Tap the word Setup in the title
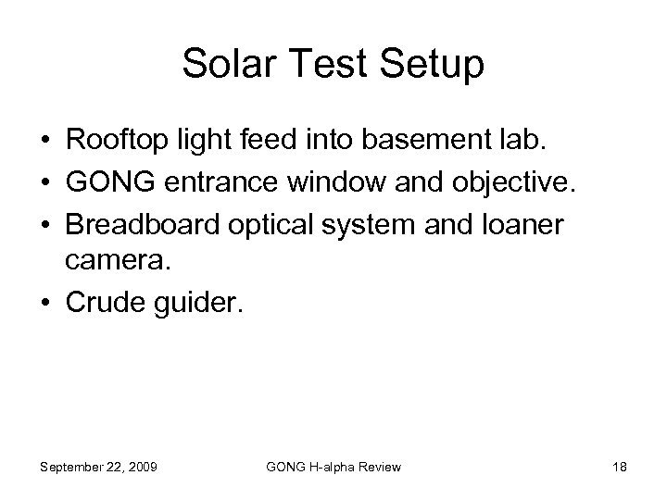(x=433, y=66)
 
